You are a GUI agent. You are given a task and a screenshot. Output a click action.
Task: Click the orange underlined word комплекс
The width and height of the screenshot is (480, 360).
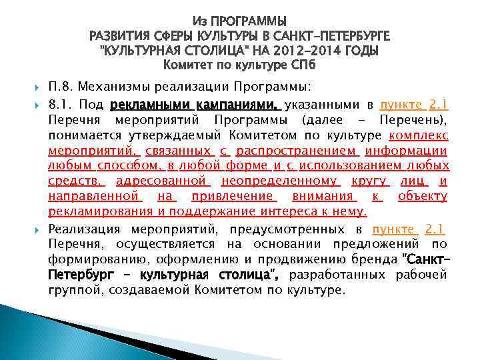click(x=422, y=135)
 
